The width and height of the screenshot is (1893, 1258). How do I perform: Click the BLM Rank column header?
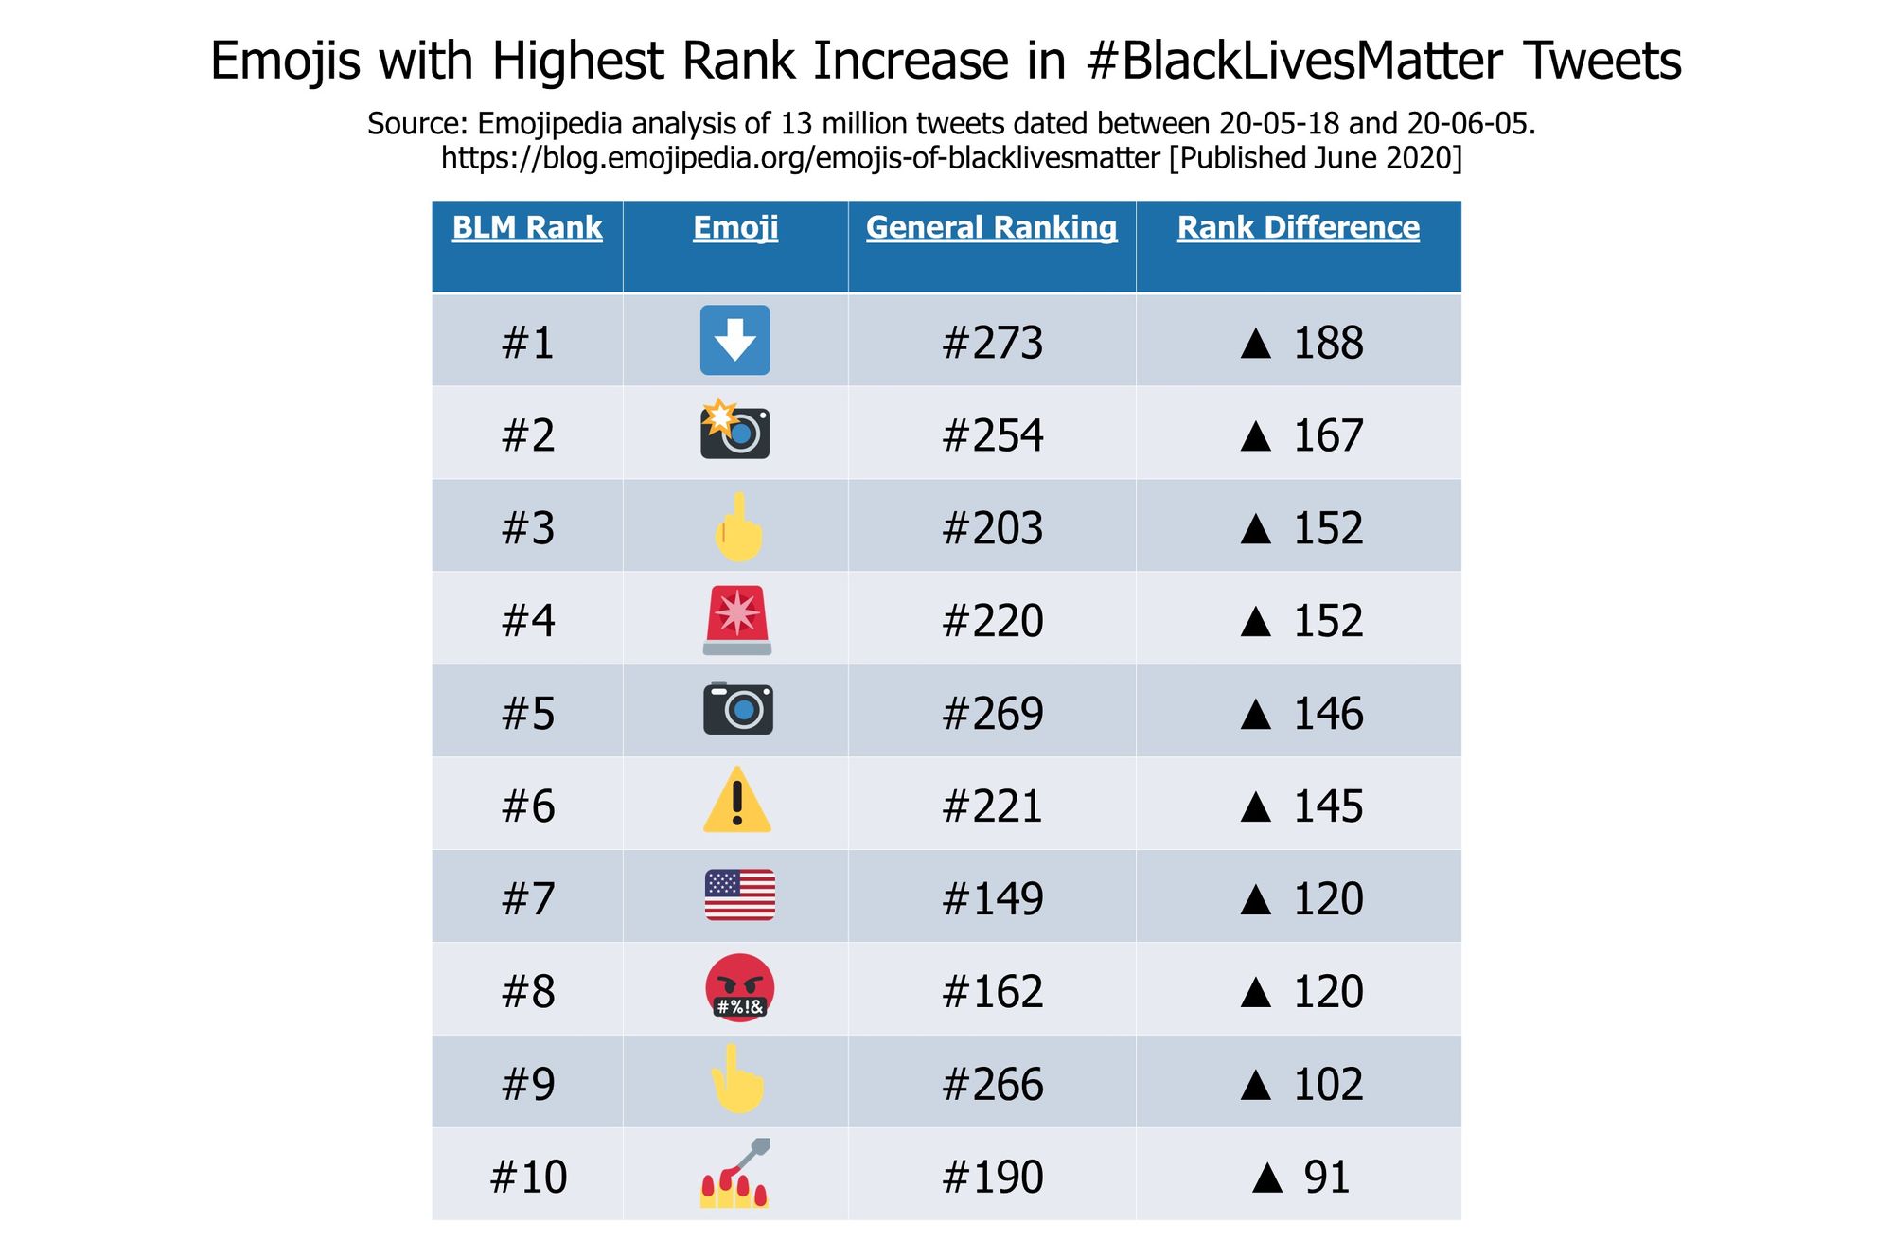point(527,227)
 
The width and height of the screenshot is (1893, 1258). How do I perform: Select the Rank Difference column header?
point(1298,227)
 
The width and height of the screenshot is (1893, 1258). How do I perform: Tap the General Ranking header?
point(991,227)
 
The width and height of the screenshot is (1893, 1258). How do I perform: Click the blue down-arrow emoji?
point(735,341)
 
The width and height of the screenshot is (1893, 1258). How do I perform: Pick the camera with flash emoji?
point(735,431)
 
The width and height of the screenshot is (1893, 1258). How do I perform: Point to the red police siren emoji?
point(737,620)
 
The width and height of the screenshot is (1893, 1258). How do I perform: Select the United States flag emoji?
point(739,895)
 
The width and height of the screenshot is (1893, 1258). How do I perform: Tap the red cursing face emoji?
point(739,988)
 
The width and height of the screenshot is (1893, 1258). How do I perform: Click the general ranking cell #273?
point(992,343)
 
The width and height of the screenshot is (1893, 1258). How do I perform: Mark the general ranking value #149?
point(992,898)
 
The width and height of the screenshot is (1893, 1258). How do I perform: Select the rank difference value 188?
point(1327,343)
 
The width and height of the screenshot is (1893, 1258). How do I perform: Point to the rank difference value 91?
point(1325,1177)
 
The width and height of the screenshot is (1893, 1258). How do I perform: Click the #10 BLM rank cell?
point(528,1177)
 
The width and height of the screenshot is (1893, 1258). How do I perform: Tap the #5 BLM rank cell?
point(528,714)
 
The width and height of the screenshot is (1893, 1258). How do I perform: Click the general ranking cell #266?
point(992,1084)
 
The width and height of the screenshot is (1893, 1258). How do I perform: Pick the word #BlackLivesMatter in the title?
point(1294,61)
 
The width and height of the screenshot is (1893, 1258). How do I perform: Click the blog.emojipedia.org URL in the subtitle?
point(801,157)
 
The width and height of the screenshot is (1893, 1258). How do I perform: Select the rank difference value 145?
point(1327,806)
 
